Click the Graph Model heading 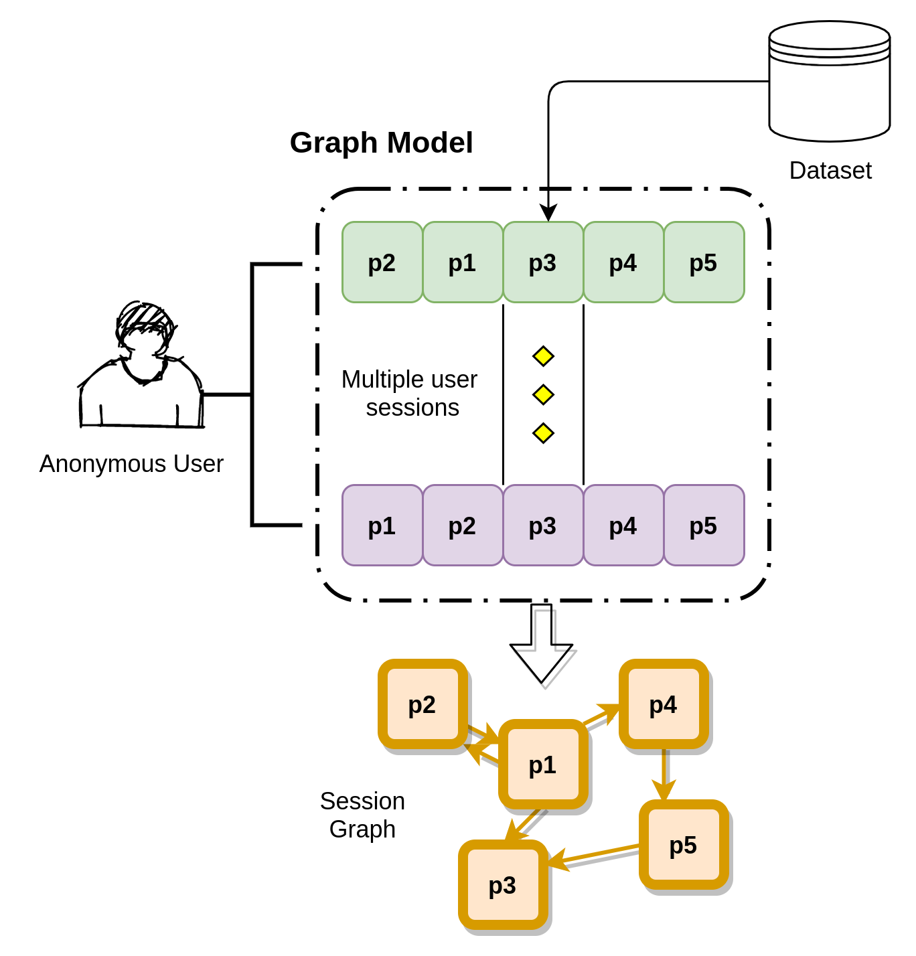pyautogui.click(x=381, y=143)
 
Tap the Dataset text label pyautogui.click(x=830, y=171)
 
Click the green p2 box pyautogui.click(x=382, y=262)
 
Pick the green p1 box pyautogui.click(x=463, y=262)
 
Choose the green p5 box pyautogui.click(x=704, y=262)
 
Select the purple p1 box pyautogui.click(x=382, y=526)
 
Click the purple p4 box pyautogui.click(x=623, y=526)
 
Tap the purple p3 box pyautogui.click(x=543, y=526)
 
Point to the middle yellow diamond pyautogui.click(x=543, y=395)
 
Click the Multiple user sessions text pyautogui.click(x=410, y=394)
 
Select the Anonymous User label pyautogui.click(x=131, y=464)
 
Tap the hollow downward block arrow pyautogui.click(x=542, y=643)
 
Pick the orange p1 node pyautogui.click(x=543, y=765)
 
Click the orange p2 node pyautogui.click(x=423, y=704)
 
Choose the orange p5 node pyautogui.click(x=684, y=845)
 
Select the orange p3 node pyautogui.click(x=503, y=885)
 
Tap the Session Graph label pyautogui.click(x=362, y=815)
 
